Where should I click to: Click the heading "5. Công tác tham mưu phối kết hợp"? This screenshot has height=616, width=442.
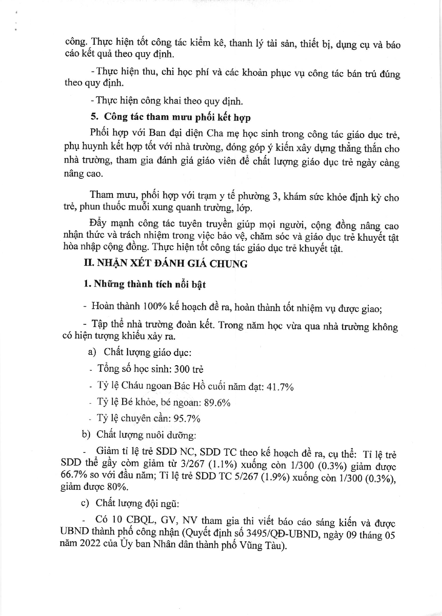(x=171, y=117)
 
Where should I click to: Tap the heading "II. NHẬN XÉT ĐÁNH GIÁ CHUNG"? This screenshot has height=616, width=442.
(x=165, y=263)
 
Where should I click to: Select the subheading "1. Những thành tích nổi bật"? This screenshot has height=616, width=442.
(x=145, y=284)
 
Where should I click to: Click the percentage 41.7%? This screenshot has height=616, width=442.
(x=280, y=387)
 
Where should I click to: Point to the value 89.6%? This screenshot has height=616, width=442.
(x=217, y=403)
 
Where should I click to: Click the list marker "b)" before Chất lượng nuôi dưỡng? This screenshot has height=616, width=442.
(x=86, y=434)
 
